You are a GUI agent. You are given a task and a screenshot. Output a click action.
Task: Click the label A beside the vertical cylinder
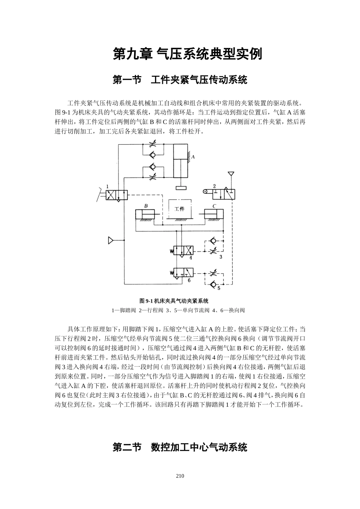[x=193, y=157]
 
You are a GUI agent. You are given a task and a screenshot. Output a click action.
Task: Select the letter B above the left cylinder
[x=146, y=206]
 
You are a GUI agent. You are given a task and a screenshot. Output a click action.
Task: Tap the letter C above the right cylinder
[x=214, y=206]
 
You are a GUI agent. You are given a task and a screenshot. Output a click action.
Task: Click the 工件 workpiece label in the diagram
[x=179, y=209]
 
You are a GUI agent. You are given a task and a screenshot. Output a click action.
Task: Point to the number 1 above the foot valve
[x=108, y=186]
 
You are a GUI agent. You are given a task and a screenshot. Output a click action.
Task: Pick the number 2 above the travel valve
[x=214, y=186]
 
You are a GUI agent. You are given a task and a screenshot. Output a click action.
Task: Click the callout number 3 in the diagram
[x=221, y=257]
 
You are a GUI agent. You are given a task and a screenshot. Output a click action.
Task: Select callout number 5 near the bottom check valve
[x=219, y=288]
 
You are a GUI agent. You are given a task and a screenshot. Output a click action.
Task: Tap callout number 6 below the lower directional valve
[x=189, y=280]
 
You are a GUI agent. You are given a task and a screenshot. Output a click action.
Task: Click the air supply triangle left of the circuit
[x=111, y=240]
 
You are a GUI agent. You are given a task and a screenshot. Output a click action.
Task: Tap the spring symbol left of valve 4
[x=171, y=250]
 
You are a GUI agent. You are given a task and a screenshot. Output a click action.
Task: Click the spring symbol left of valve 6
[x=171, y=272]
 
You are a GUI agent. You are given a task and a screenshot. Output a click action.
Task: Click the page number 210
[x=180, y=476]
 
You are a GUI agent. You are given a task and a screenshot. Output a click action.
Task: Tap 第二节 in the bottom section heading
[x=127, y=447]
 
